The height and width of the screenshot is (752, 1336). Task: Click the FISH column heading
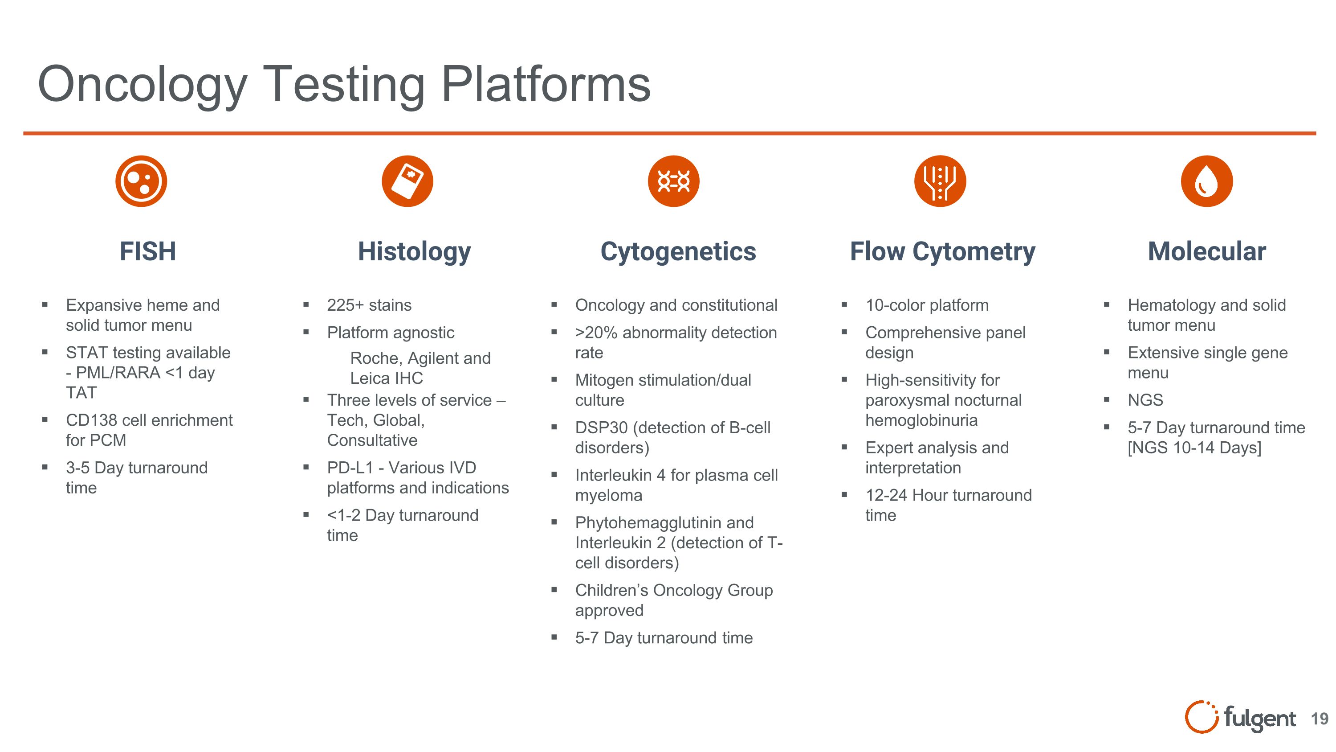tap(148, 252)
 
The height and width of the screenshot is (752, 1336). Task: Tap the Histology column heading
tap(415, 252)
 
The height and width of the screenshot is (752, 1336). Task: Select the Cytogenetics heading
tap(678, 252)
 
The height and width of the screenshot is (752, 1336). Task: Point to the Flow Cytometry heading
tap(942, 252)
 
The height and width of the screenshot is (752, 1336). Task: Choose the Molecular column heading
tap(1206, 252)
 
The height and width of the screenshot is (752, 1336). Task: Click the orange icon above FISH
tap(141, 181)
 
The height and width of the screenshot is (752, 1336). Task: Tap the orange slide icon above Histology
tap(407, 181)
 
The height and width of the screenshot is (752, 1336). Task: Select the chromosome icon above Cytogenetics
tap(673, 181)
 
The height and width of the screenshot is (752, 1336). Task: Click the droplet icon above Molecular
tap(1206, 181)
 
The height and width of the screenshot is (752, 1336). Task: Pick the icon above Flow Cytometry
tap(940, 181)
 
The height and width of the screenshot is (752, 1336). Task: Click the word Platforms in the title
tap(546, 84)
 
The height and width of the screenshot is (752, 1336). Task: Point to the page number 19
tap(1320, 719)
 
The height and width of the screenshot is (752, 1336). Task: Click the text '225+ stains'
tap(369, 305)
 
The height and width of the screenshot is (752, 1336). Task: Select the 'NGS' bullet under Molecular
tap(1145, 400)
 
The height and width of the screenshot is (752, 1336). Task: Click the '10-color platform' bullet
tap(927, 305)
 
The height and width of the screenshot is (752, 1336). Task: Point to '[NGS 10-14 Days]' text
tap(1194, 448)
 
